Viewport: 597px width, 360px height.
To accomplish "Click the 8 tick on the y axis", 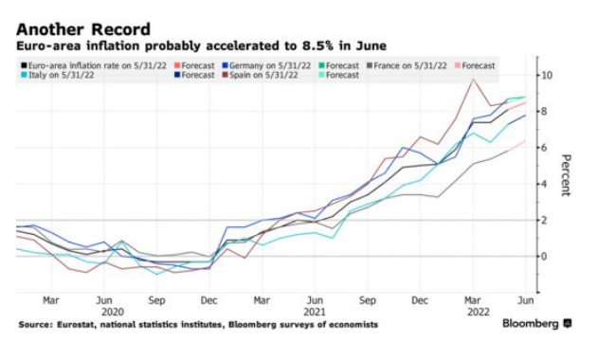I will coord(543,111).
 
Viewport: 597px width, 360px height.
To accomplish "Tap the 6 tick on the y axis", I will coord(543,147).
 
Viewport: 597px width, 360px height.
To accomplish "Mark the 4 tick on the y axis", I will coord(543,184).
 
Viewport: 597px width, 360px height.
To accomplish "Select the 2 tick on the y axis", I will coord(543,220).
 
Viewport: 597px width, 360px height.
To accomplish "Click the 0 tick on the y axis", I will coord(543,256).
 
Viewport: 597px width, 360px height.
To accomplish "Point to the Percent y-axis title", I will coord(566,174).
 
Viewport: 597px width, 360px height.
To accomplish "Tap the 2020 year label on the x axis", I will coord(113,310).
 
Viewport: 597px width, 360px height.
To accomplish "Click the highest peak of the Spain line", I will coord(473,80).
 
